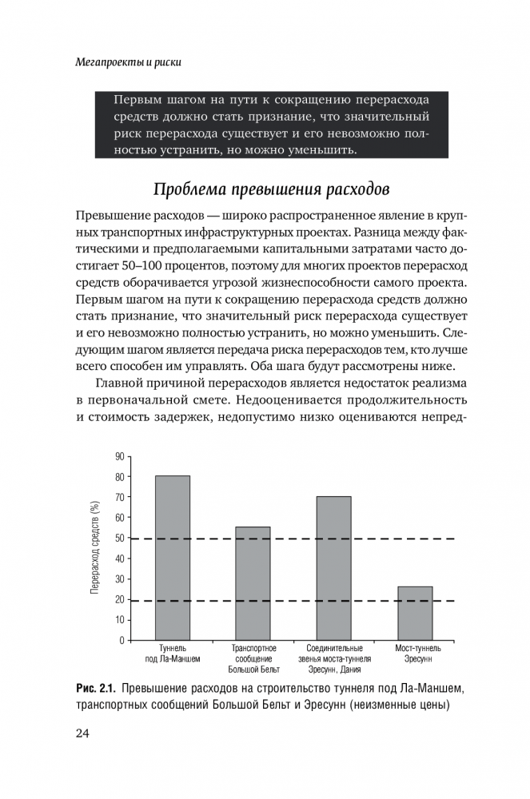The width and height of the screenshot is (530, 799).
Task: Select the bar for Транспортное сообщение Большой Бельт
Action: click(253, 583)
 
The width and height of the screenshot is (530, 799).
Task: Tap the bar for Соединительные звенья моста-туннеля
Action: click(333, 568)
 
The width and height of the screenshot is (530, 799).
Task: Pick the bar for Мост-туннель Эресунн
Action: click(414, 613)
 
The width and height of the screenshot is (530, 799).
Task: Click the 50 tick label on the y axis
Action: click(120, 539)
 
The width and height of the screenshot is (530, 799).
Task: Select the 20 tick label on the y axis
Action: click(120, 600)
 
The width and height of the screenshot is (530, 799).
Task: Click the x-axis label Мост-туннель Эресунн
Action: click(414, 654)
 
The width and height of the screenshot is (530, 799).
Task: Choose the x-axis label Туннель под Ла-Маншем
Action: click(173, 654)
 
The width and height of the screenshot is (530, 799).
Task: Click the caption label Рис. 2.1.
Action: click(96, 689)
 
